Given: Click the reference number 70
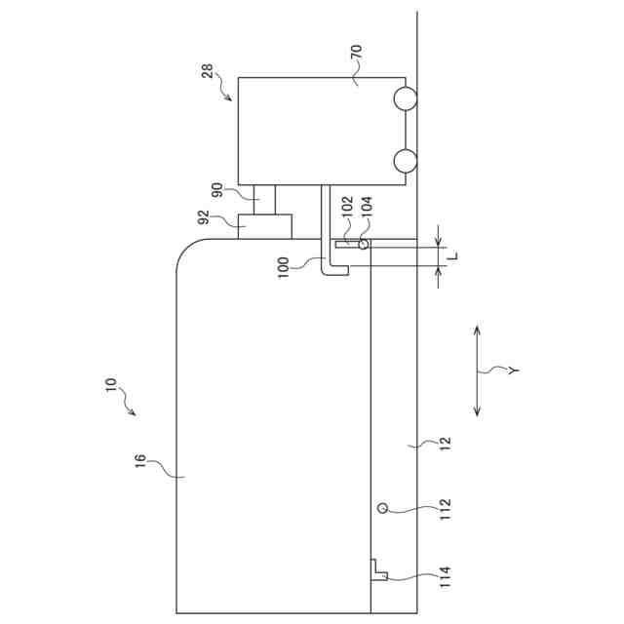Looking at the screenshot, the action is tap(357, 52).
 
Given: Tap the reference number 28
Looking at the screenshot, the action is tap(208, 71).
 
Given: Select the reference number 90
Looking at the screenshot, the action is tap(217, 190).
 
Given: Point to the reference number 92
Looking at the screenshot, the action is tap(204, 217).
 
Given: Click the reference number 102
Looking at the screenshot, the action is tap(347, 206).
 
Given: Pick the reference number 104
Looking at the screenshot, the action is tap(367, 206).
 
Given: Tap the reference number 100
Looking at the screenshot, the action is tap(283, 268).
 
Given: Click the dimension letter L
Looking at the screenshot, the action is tap(452, 255).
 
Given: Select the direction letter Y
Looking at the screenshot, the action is tap(514, 370).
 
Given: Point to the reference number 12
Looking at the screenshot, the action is tap(446, 444).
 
